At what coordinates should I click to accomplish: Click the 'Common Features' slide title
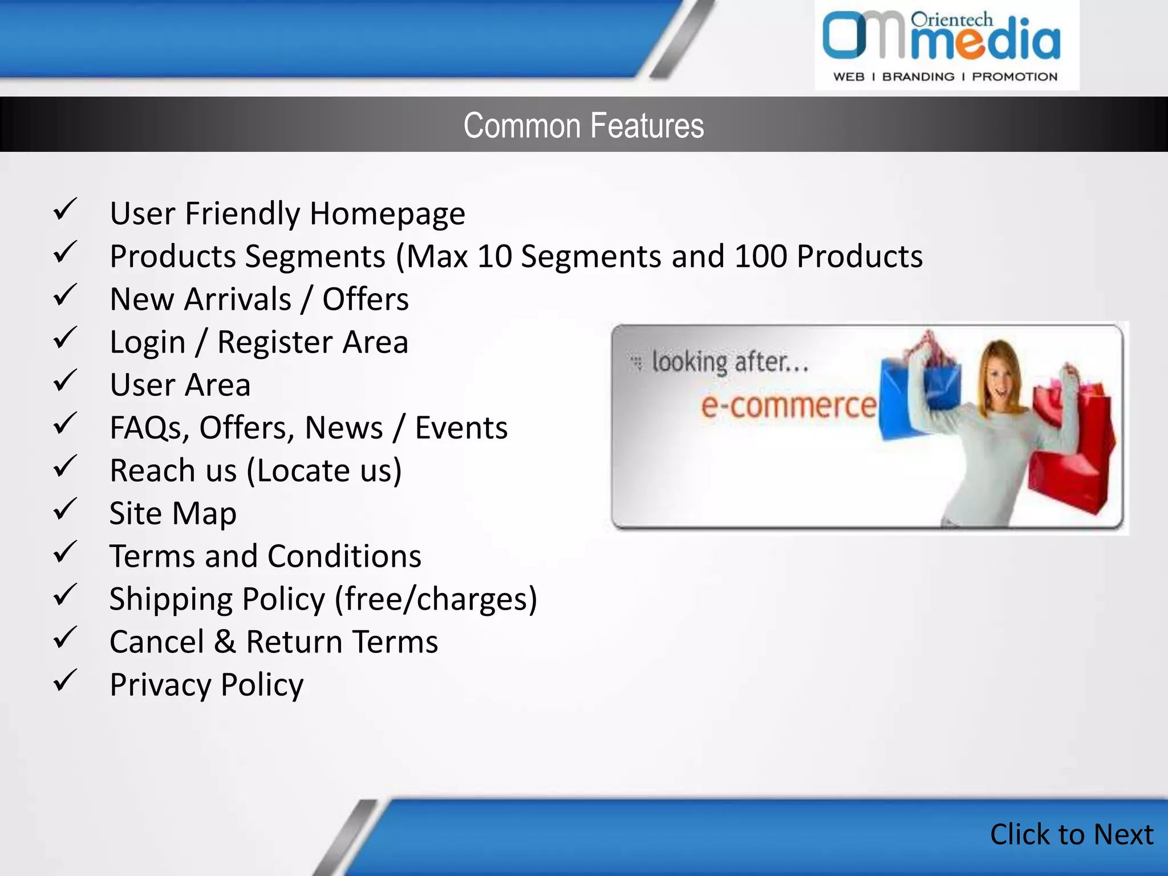point(583,125)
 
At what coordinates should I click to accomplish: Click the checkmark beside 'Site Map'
point(65,509)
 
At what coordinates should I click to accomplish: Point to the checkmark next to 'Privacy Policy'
point(65,680)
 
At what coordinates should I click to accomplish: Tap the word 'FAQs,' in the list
point(150,428)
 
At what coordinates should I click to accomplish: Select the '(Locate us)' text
point(324,471)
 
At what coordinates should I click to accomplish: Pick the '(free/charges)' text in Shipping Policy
point(436,599)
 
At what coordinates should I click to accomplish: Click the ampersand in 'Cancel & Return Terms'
point(225,642)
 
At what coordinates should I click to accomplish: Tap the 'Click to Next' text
point(1071,834)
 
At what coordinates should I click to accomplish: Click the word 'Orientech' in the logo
point(951,20)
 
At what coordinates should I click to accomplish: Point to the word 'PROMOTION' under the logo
point(1014,77)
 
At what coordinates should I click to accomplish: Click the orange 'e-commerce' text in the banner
point(788,405)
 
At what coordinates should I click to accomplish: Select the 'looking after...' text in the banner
point(730,362)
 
